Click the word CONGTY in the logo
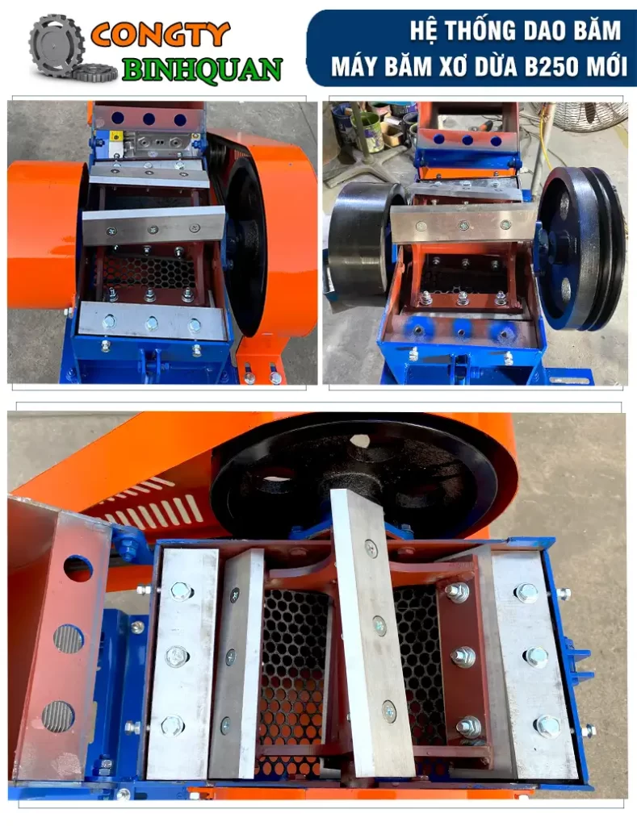[161, 35]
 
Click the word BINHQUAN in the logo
[203, 69]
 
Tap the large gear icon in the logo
[57, 44]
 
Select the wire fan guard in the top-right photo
[588, 118]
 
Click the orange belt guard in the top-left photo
[44, 236]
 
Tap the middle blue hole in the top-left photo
[149, 119]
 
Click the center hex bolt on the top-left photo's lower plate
[152, 323]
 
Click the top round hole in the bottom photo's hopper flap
[78, 569]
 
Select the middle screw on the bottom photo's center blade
[379, 626]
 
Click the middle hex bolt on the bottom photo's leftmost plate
[178, 657]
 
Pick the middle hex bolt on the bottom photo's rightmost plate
[537, 657]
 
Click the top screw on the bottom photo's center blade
[371, 549]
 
